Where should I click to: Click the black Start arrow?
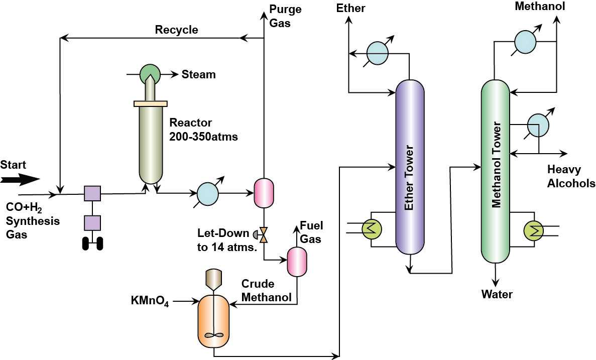click(x=20, y=179)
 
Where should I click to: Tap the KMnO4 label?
click(x=150, y=302)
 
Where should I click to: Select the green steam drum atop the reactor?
click(x=150, y=74)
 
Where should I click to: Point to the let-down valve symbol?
click(x=264, y=233)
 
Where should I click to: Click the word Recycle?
click(x=176, y=30)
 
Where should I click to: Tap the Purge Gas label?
click(x=280, y=16)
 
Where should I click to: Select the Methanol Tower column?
click(x=496, y=171)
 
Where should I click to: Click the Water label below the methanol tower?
click(x=497, y=294)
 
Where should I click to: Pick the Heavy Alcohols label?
click(x=571, y=176)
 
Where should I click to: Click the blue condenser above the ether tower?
click(x=378, y=53)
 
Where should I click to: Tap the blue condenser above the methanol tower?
click(x=525, y=41)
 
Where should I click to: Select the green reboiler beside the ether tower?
click(x=371, y=229)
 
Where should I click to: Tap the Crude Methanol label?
click(x=266, y=291)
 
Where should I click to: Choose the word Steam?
click(x=199, y=75)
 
